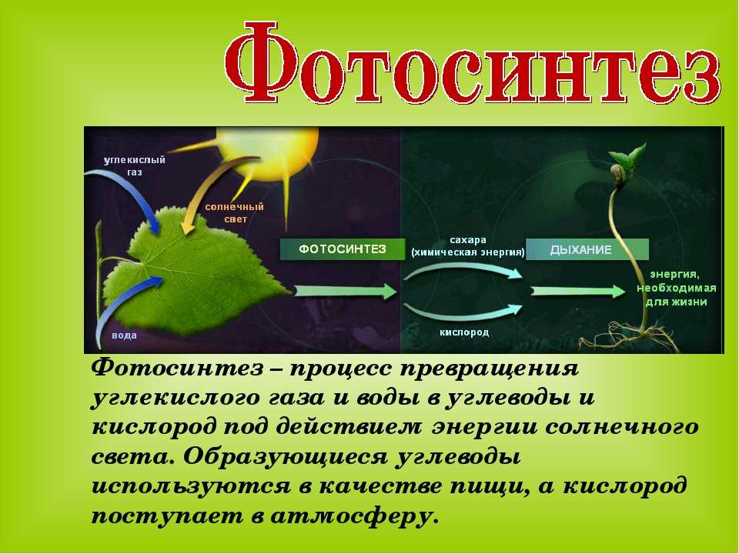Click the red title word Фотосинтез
click(472, 62)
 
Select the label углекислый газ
click(134, 166)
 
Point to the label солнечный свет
click(234, 212)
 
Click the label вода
click(125, 335)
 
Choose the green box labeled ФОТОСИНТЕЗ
click(343, 249)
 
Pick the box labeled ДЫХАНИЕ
click(587, 249)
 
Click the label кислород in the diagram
click(464, 332)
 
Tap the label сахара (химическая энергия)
click(468, 246)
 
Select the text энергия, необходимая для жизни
click(677, 288)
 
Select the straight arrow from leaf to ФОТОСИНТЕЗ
click(346, 291)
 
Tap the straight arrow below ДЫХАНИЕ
click(578, 291)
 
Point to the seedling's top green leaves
click(628, 155)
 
